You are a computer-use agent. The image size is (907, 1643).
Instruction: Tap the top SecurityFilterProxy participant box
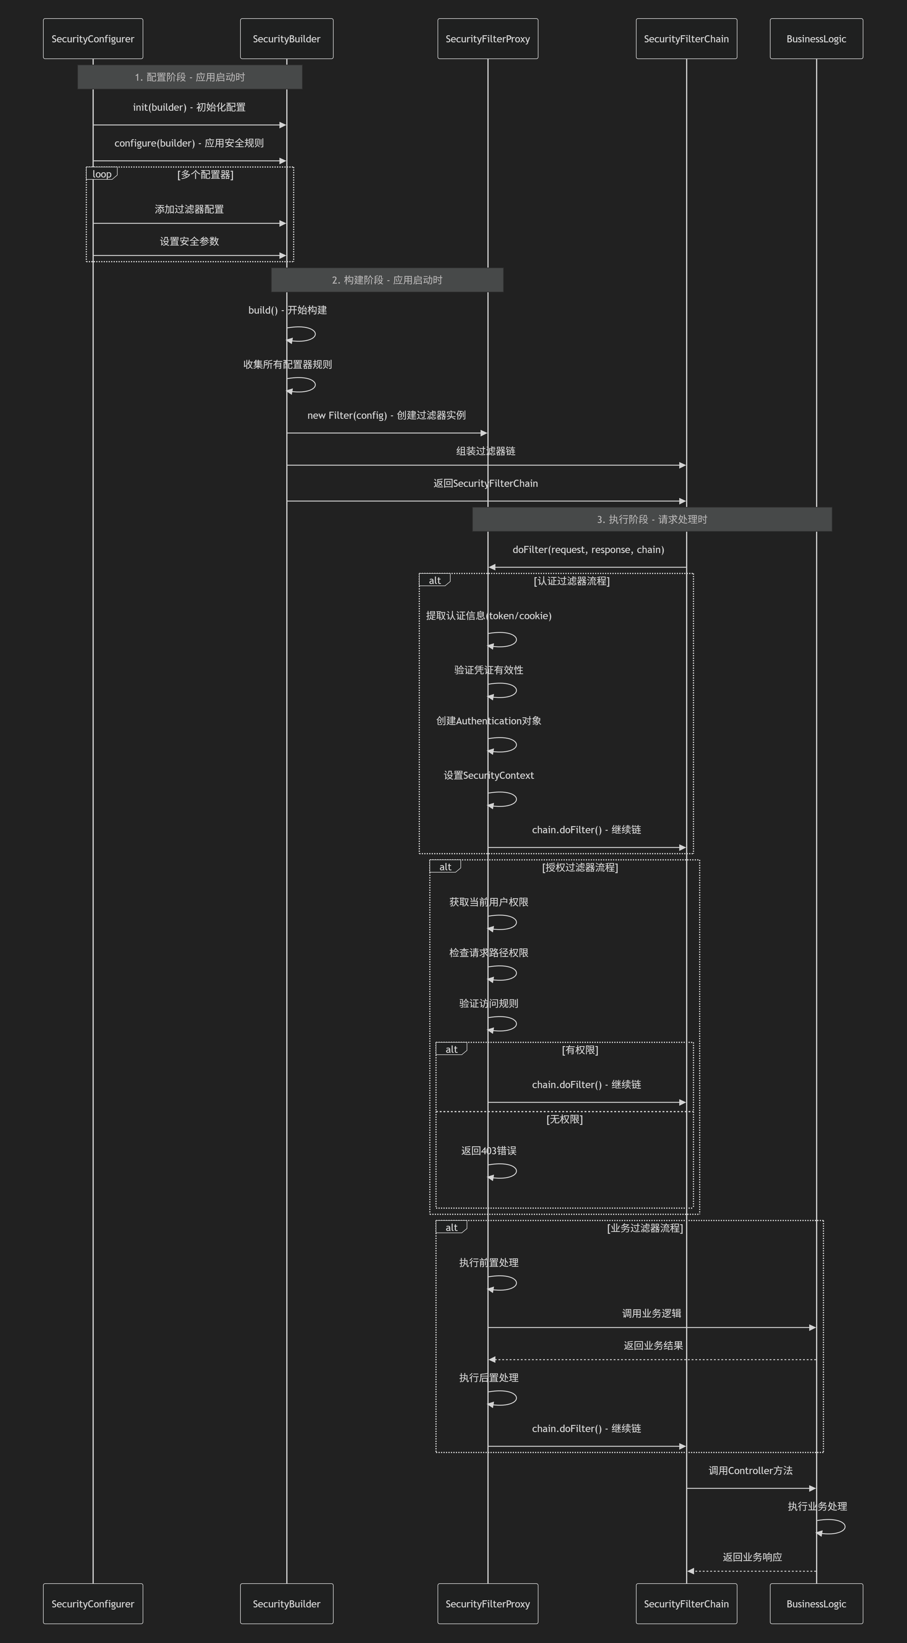pyautogui.click(x=488, y=39)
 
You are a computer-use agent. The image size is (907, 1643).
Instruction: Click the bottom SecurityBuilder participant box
pyautogui.click(x=287, y=1603)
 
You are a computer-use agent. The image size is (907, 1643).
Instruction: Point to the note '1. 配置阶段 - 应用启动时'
pyautogui.click(x=190, y=77)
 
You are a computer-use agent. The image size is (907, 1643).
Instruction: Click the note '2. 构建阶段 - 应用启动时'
pyautogui.click(x=387, y=280)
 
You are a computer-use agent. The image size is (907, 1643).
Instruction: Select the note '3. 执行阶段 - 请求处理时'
pyautogui.click(x=652, y=519)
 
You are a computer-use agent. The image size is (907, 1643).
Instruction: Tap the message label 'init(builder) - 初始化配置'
pyautogui.click(x=189, y=107)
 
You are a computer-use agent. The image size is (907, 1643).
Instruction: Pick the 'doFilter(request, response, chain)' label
pyautogui.click(x=588, y=550)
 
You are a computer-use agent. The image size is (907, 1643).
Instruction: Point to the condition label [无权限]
pyautogui.click(x=564, y=1119)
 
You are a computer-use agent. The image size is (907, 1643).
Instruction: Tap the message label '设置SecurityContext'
pyautogui.click(x=489, y=776)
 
